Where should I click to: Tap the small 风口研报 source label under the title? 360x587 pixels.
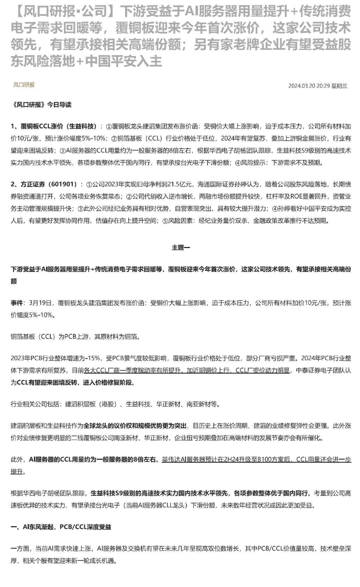click(x=24, y=85)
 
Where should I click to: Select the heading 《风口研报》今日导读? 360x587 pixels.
click(x=41, y=105)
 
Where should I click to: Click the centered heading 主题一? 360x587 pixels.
click(x=181, y=248)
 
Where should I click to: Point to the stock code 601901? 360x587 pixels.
click(x=64, y=184)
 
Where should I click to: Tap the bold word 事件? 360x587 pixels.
click(x=17, y=303)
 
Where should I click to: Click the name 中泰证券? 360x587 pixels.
click(x=307, y=370)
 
